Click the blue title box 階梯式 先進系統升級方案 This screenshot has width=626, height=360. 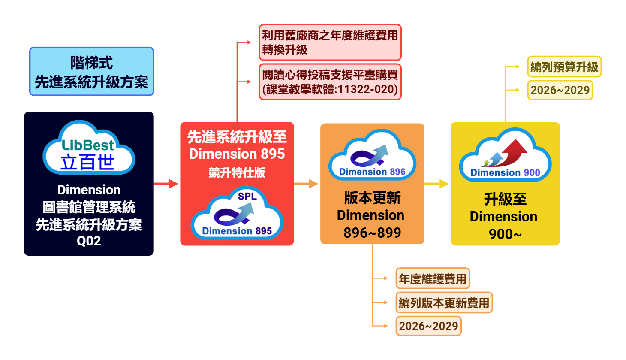pos(91,71)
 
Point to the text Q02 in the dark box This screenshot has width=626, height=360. pos(89,241)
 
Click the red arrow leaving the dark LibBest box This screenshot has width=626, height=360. pos(166,184)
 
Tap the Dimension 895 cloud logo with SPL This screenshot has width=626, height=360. pos(237,215)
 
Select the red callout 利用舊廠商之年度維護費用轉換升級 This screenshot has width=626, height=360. pos(330,42)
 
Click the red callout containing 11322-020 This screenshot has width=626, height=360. pos(330,82)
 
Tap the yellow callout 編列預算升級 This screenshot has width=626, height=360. pos(564,67)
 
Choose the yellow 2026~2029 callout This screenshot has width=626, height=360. pos(560,90)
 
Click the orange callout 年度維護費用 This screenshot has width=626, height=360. pos(432,279)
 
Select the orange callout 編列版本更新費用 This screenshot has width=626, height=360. pos(444,303)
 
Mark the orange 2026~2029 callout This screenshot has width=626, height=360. pos(428,326)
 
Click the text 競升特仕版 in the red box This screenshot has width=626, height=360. pos(237,172)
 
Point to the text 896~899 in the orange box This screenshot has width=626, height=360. pos(372,233)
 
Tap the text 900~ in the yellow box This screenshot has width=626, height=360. pos(505,234)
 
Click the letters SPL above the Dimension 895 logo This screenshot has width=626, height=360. pos(247,197)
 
